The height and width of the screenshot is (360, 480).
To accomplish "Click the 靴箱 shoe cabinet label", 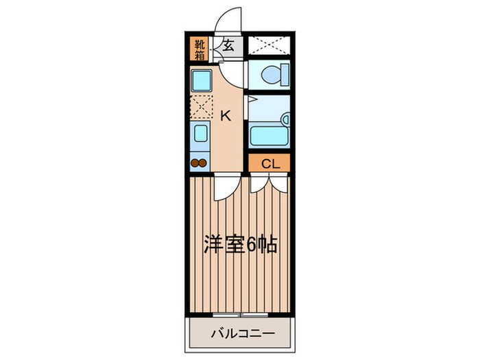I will [x=200, y=49].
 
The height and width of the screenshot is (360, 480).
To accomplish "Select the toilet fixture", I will [x=270, y=74].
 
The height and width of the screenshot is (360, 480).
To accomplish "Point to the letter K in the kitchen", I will [x=225, y=115].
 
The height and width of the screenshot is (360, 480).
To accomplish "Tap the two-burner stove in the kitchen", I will [x=199, y=163].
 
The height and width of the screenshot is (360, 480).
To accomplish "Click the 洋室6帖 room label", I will [x=239, y=245].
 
